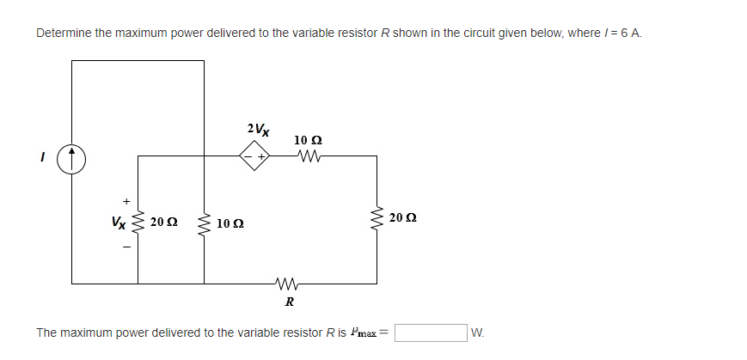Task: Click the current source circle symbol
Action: (x=72, y=159)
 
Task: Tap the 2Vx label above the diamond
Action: (x=257, y=131)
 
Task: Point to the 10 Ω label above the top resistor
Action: (x=308, y=139)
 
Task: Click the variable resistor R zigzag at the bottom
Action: (x=288, y=283)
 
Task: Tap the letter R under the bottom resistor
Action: (x=290, y=302)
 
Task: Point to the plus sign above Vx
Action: (x=126, y=202)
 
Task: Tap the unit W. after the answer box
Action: (x=479, y=333)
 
